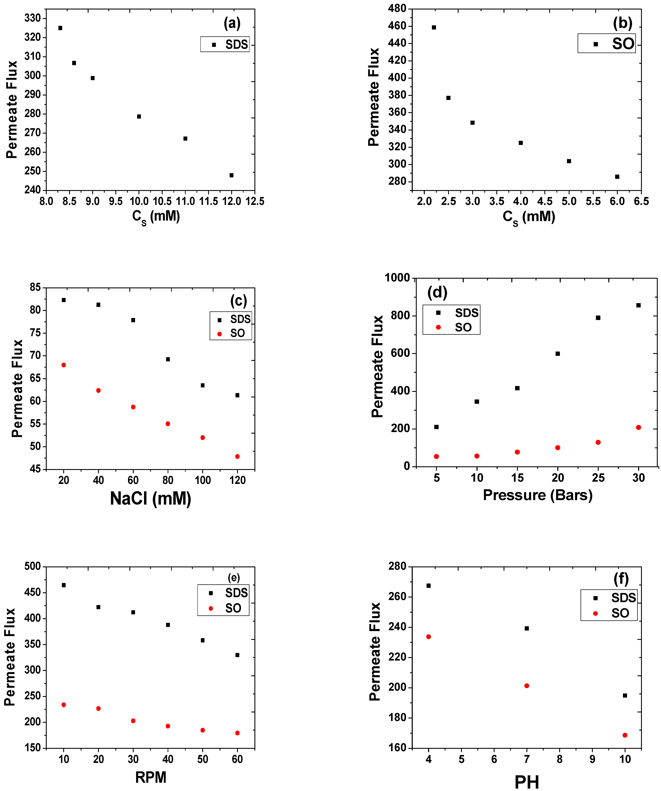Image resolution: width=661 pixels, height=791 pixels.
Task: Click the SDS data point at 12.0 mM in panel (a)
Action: point(231,175)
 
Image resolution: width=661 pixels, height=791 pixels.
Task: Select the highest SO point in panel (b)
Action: point(434,28)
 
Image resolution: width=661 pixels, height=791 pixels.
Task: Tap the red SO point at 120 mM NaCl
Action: point(237,457)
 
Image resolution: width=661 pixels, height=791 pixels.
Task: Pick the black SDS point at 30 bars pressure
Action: point(638,306)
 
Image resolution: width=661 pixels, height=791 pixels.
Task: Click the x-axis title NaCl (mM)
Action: point(151,499)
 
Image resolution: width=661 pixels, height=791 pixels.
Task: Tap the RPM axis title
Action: point(151,777)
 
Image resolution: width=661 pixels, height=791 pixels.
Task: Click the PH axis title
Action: point(526,782)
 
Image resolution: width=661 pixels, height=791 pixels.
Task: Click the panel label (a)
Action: point(232,23)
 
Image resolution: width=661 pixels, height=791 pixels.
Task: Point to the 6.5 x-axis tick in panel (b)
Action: point(641,201)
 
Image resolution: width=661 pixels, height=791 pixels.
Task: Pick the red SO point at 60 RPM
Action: point(237,733)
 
